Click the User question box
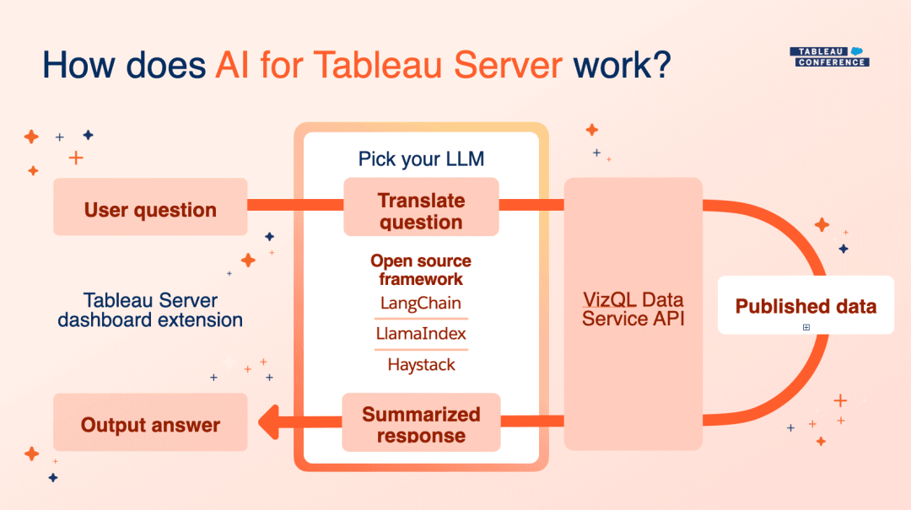click(150, 207)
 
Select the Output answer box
click(150, 422)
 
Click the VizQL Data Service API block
click(633, 309)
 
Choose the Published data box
click(806, 304)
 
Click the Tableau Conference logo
click(828, 56)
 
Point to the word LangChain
click(421, 303)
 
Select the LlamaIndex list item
click(421, 334)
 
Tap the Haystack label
click(421, 365)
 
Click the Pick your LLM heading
click(421, 158)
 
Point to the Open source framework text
click(421, 270)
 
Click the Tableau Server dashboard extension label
click(150, 309)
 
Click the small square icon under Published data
click(806, 327)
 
